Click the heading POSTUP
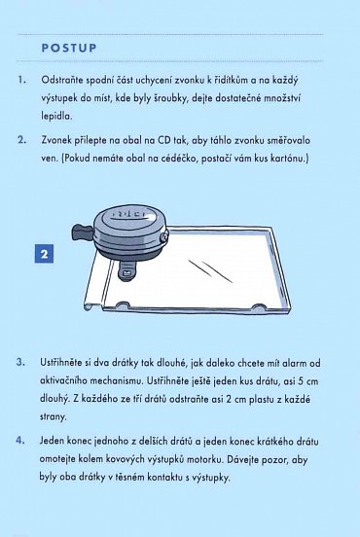(x=69, y=48)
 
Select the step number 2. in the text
(x=21, y=140)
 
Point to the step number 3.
(x=20, y=362)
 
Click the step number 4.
(x=20, y=440)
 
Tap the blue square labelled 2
(x=44, y=254)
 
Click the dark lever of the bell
(x=82, y=232)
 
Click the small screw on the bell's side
(x=164, y=236)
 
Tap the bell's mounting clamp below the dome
(x=126, y=269)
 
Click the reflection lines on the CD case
(x=210, y=271)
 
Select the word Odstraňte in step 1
(x=61, y=81)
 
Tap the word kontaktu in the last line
(x=165, y=477)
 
